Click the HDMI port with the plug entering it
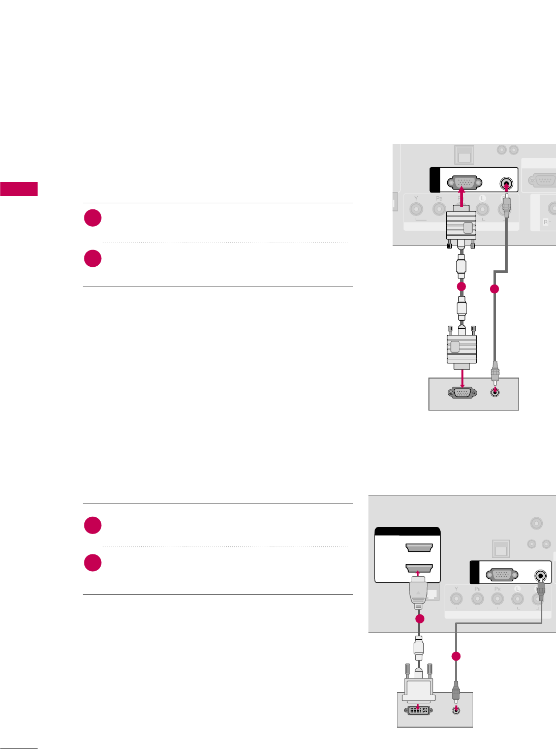(419, 568)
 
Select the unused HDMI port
(419, 548)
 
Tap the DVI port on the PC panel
(418, 710)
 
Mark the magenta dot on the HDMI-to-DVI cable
(419, 619)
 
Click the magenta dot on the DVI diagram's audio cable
(456, 656)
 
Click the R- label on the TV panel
(547, 223)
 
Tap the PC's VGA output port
(462, 392)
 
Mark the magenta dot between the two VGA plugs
(461, 287)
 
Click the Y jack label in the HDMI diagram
(456, 589)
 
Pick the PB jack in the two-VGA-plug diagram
(439, 209)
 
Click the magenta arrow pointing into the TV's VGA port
(461, 197)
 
